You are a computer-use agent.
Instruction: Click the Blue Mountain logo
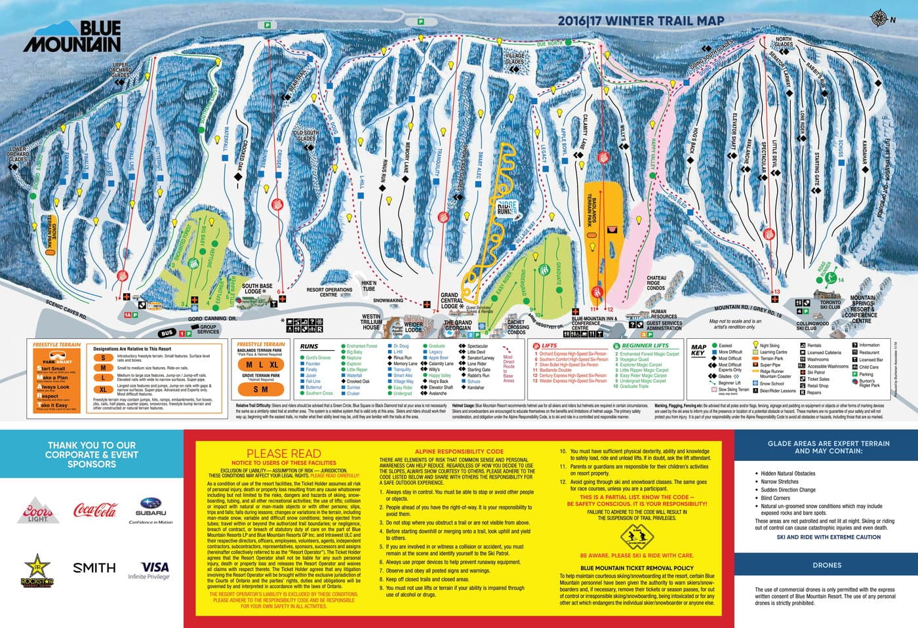72,36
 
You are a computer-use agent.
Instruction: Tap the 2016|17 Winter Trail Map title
641,20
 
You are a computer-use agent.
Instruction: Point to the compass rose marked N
879,18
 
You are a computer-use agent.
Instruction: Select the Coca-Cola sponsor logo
96,509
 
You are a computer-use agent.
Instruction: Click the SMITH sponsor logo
94,568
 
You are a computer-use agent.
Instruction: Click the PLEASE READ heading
283,453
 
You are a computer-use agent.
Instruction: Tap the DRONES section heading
826,564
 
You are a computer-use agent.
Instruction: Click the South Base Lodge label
257,288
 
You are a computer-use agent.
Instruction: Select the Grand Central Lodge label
450,301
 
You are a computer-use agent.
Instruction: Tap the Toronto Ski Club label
830,305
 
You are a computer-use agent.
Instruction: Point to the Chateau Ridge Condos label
656,283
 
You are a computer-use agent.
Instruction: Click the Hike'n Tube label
369,286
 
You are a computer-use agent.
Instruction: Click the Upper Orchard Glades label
121,70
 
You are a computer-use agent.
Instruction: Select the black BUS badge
167,333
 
